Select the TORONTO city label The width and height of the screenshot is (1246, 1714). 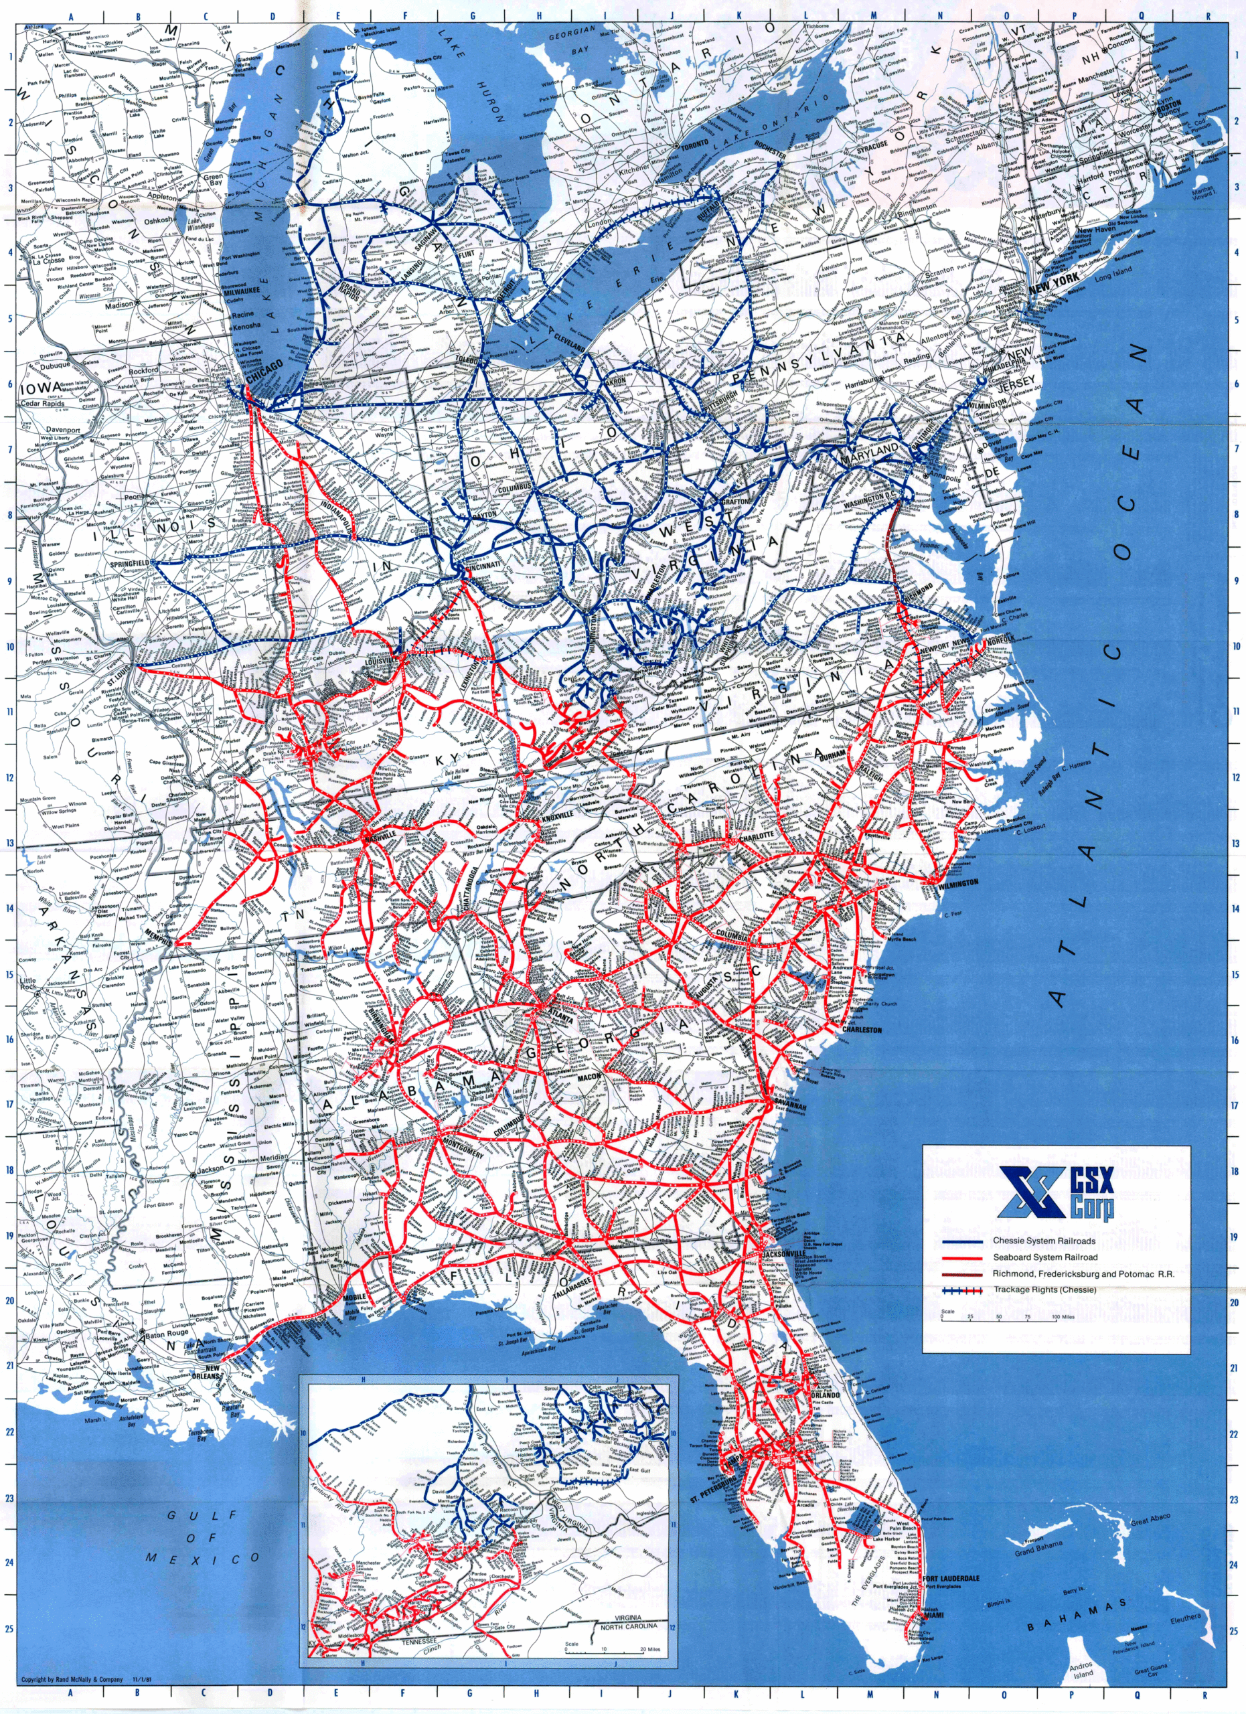[694, 143]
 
